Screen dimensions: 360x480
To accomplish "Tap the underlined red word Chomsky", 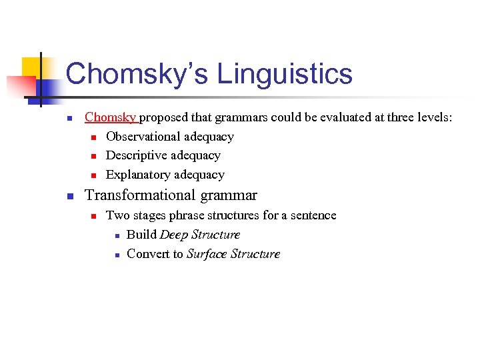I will [110, 117].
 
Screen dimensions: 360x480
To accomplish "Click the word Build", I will [141, 235].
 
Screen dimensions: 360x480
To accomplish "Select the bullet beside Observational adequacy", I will [94, 137].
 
